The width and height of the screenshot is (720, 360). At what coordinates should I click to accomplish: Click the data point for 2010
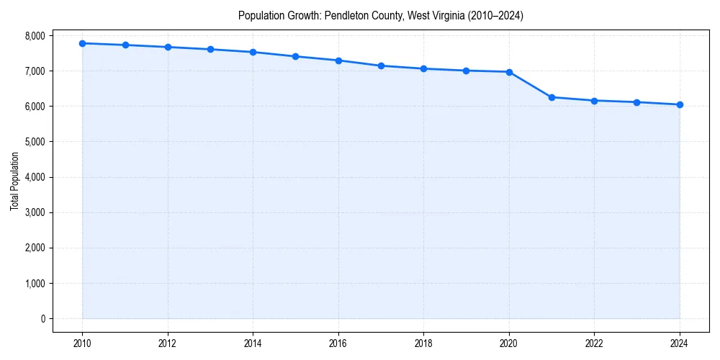coord(83,43)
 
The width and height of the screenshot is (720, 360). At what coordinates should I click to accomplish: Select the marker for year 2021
coord(552,97)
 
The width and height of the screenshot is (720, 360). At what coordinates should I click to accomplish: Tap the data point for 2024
coord(680,104)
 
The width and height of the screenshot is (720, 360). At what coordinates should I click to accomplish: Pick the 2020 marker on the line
coord(509,72)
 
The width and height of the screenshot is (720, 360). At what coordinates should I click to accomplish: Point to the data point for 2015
coord(296,56)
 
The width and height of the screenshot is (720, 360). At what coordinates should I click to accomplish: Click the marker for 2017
coord(381,66)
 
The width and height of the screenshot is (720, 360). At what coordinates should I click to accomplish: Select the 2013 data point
coord(210,49)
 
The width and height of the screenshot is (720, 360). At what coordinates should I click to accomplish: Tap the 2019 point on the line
coord(467,71)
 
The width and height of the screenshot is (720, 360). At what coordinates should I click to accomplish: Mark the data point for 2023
coord(637,102)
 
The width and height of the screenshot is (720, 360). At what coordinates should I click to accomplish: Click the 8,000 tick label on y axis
coord(34,35)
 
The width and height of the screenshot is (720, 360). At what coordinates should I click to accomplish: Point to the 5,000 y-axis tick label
coord(34,142)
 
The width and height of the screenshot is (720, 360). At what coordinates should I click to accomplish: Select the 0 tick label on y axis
coord(42,319)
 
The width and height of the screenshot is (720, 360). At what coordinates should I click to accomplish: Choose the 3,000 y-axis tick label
coord(34,212)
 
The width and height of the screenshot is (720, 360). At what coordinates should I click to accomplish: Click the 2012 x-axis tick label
coord(168,342)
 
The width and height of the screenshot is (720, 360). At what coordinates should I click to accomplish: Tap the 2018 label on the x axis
coord(423,342)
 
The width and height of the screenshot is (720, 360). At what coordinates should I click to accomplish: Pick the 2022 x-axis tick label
coord(594,342)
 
